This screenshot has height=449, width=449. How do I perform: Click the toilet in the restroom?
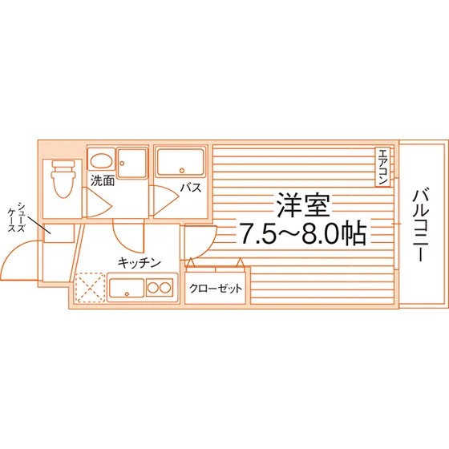coord(63,179)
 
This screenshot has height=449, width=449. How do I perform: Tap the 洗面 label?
coord(103,180)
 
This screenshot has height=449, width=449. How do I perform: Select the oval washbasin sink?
coord(101,160)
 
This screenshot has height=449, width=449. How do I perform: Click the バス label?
coord(191,188)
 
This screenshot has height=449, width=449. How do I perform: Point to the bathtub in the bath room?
coord(180,162)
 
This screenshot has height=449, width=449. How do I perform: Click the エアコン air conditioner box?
coord(382,168)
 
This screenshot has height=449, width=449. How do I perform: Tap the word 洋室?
coord(303,204)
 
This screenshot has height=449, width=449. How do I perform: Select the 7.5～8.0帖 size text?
coord(303,233)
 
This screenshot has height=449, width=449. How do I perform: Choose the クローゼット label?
coord(216,288)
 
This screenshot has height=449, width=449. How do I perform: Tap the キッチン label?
coord(140,263)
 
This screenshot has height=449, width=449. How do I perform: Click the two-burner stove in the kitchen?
coord(160,288)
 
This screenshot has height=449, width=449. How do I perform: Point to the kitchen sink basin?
coord(127,288)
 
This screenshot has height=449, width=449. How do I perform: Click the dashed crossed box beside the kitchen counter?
coord(90,287)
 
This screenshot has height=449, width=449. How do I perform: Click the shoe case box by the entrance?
coord(59,233)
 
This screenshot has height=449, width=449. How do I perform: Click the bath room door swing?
coord(164,200)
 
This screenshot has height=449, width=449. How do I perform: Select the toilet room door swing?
coord(97,202)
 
